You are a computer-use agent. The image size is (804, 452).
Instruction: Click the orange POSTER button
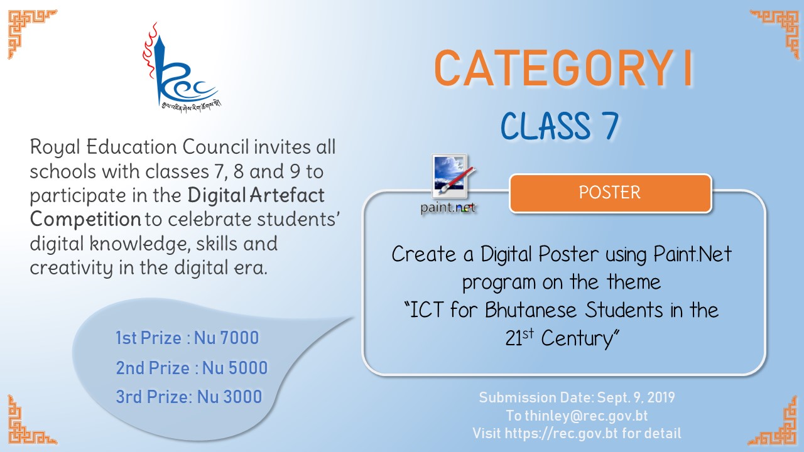pos(610,193)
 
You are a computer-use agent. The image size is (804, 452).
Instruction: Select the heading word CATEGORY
pos(555,68)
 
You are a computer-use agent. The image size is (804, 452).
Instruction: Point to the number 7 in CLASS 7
pos(609,126)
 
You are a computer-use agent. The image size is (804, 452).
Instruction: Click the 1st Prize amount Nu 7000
pos(227,338)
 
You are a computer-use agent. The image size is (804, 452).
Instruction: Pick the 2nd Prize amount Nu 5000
pos(235,368)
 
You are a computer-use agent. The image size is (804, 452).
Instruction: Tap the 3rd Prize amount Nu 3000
pos(230,397)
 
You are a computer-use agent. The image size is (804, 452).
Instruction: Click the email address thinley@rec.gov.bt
pos(586,416)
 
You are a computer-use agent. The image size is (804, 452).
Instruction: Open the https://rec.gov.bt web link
pos(562,433)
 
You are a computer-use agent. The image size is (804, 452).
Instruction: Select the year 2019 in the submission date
pos(661,397)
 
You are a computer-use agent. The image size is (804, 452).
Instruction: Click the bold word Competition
pos(85,220)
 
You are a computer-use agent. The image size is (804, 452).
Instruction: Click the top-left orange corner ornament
pos(32,34)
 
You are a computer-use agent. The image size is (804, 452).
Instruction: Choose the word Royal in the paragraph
pos(55,148)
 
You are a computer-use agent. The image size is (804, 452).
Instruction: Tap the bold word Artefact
pos(287,195)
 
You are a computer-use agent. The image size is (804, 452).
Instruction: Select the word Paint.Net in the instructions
pos(692,254)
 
